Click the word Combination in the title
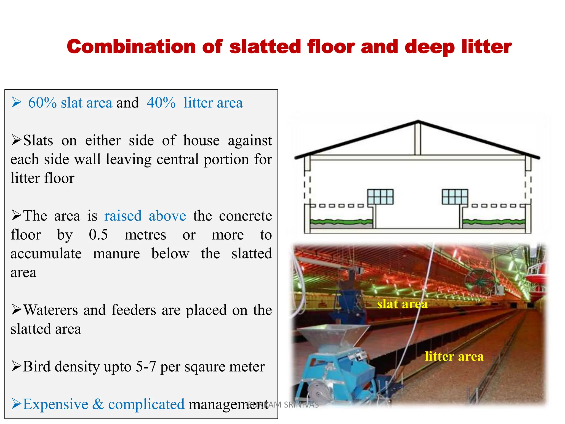[131, 46]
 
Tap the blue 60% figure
[42, 103]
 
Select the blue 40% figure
[161, 103]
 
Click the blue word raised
[123, 216]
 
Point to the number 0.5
[98, 235]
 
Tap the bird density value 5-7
[146, 367]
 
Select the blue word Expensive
[55, 404]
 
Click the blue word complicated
[146, 404]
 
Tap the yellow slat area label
[402, 304]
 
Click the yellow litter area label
[454, 356]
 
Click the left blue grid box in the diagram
[380, 197]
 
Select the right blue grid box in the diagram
[455, 197]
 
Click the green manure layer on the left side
[341, 221]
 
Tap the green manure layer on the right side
[494, 221]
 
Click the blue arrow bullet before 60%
[17, 103]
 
